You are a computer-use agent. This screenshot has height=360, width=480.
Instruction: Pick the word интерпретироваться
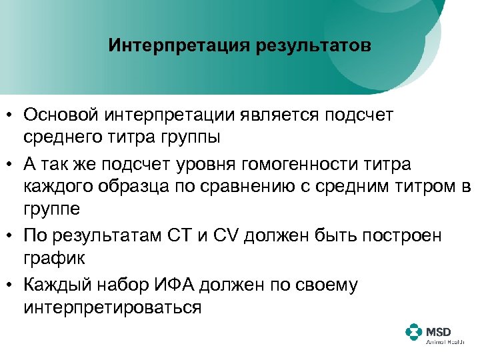[112, 308]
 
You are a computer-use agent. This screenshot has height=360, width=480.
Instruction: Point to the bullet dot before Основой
[11, 115]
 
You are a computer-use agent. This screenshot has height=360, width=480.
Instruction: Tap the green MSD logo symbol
[414, 333]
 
